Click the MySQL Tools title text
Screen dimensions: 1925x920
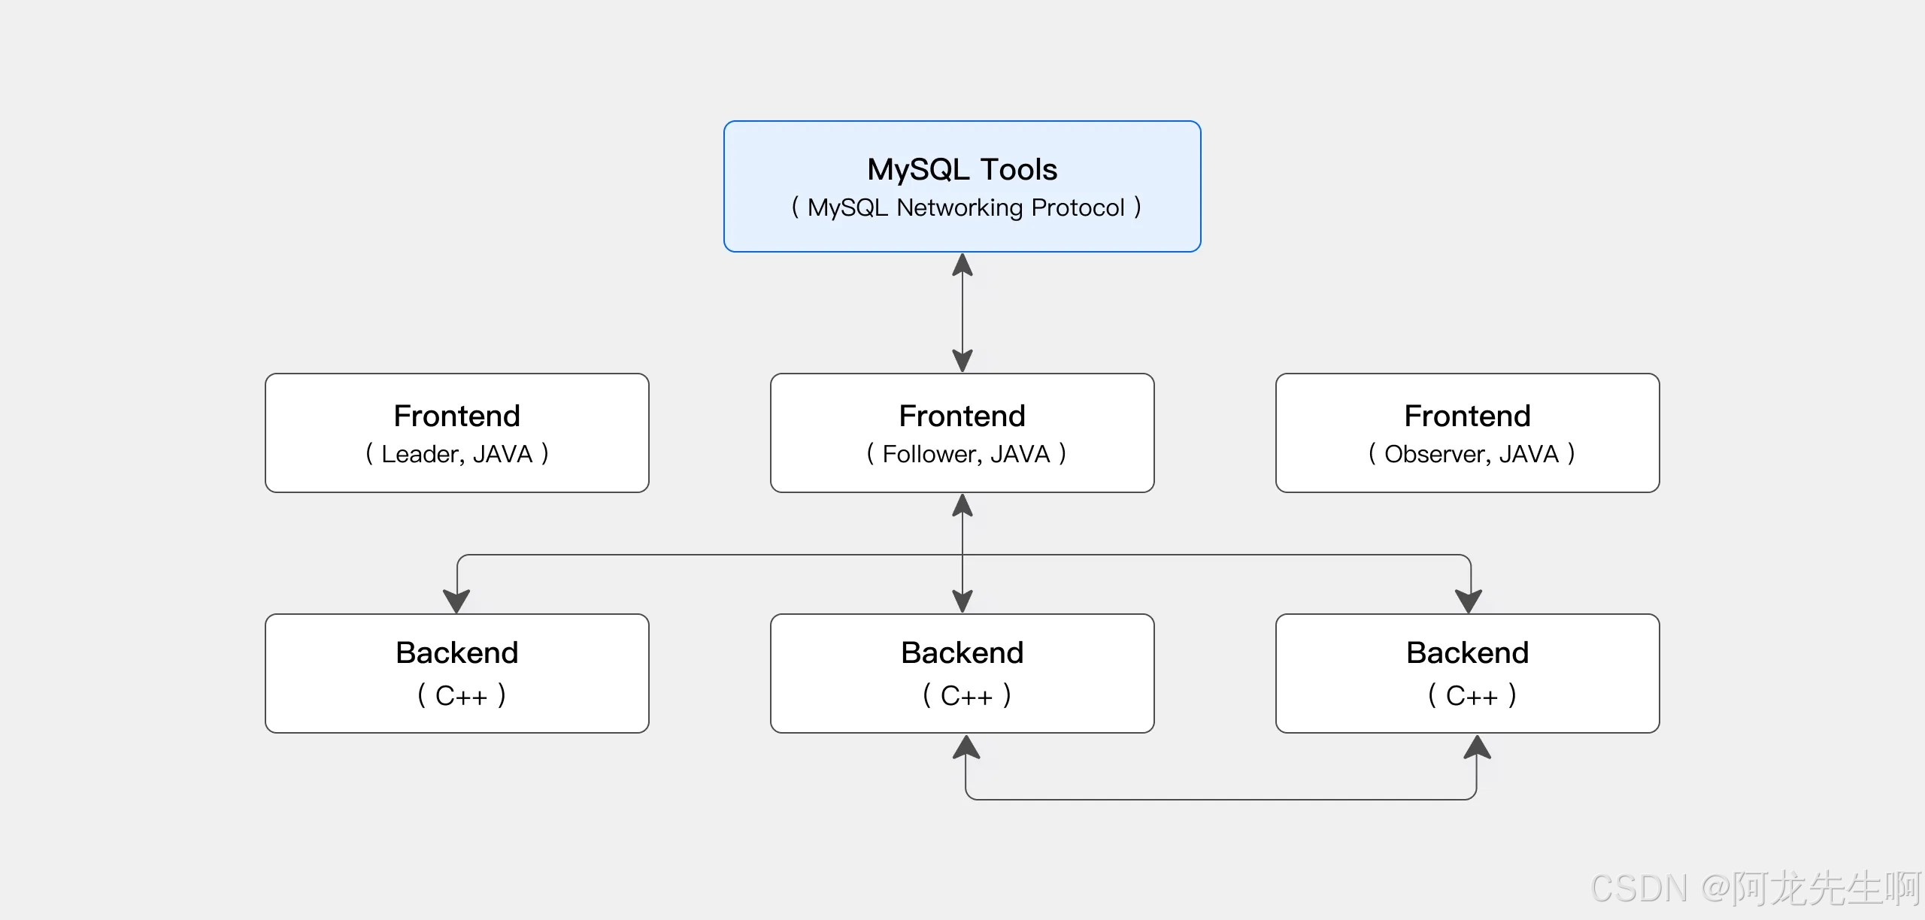click(962, 170)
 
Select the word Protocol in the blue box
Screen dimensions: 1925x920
click(1078, 207)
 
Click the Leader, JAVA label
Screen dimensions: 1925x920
click(456, 454)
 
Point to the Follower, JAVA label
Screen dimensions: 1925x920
click(966, 454)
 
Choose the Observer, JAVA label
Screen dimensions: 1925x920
click(1472, 454)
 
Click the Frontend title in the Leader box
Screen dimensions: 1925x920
click(456, 416)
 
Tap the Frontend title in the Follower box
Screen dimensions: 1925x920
click(962, 416)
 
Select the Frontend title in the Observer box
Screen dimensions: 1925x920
click(1467, 416)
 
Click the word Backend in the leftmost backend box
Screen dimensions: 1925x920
click(456, 652)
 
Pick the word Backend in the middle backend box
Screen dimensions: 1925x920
click(962, 652)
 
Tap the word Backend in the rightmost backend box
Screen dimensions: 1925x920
click(1467, 652)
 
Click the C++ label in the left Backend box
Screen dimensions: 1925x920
click(461, 696)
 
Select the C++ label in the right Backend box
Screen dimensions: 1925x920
click(1472, 696)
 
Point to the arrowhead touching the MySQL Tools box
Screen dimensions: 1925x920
click(962, 265)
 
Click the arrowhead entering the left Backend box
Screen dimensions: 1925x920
click(456, 601)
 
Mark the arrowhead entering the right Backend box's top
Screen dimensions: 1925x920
click(1469, 601)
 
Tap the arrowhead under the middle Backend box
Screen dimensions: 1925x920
click(966, 746)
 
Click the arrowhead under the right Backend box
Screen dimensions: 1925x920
click(1477, 746)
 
